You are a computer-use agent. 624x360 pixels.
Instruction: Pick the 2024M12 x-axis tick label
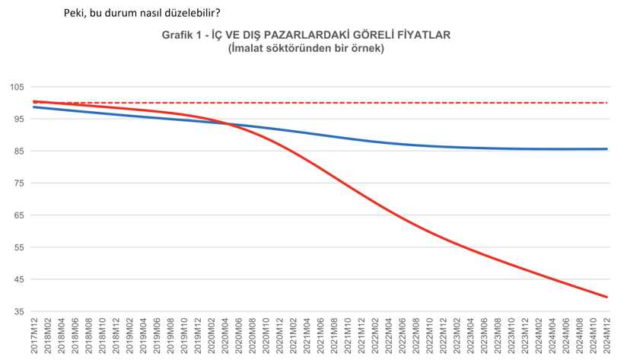tap(607, 336)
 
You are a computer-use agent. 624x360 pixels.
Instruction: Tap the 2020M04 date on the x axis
tap(226, 336)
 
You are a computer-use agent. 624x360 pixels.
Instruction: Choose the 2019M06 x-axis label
tap(158, 336)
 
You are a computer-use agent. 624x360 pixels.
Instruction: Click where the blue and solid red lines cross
tap(228, 124)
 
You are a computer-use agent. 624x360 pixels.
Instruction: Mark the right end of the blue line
tap(606, 149)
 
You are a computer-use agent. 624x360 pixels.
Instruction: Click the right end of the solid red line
tap(606, 297)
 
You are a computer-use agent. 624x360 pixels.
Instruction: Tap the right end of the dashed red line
tap(606, 103)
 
